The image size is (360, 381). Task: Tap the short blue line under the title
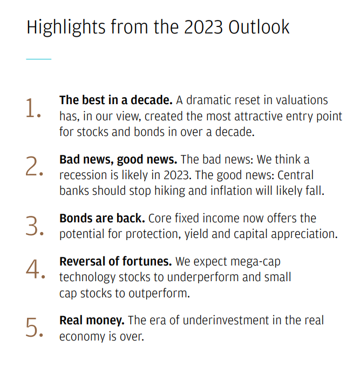pyautogui.click(x=38, y=59)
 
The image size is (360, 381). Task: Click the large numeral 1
pyautogui.click(x=32, y=108)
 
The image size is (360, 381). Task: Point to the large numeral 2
pyautogui.click(x=33, y=167)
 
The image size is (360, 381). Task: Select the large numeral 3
pyautogui.click(x=33, y=226)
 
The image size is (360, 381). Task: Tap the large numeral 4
pyautogui.click(x=33, y=270)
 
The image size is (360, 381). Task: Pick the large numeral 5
pyautogui.click(x=33, y=327)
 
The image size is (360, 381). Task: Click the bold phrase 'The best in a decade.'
pyautogui.click(x=116, y=100)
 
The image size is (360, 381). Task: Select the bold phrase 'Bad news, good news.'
pyautogui.click(x=118, y=160)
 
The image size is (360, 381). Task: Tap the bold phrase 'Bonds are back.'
pyautogui.click(x=102, y=219)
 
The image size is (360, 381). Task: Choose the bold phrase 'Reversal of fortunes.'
pyautogui.click(x=116, y=262)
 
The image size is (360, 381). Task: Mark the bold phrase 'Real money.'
pyautogui.click(x=92, y=320)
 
